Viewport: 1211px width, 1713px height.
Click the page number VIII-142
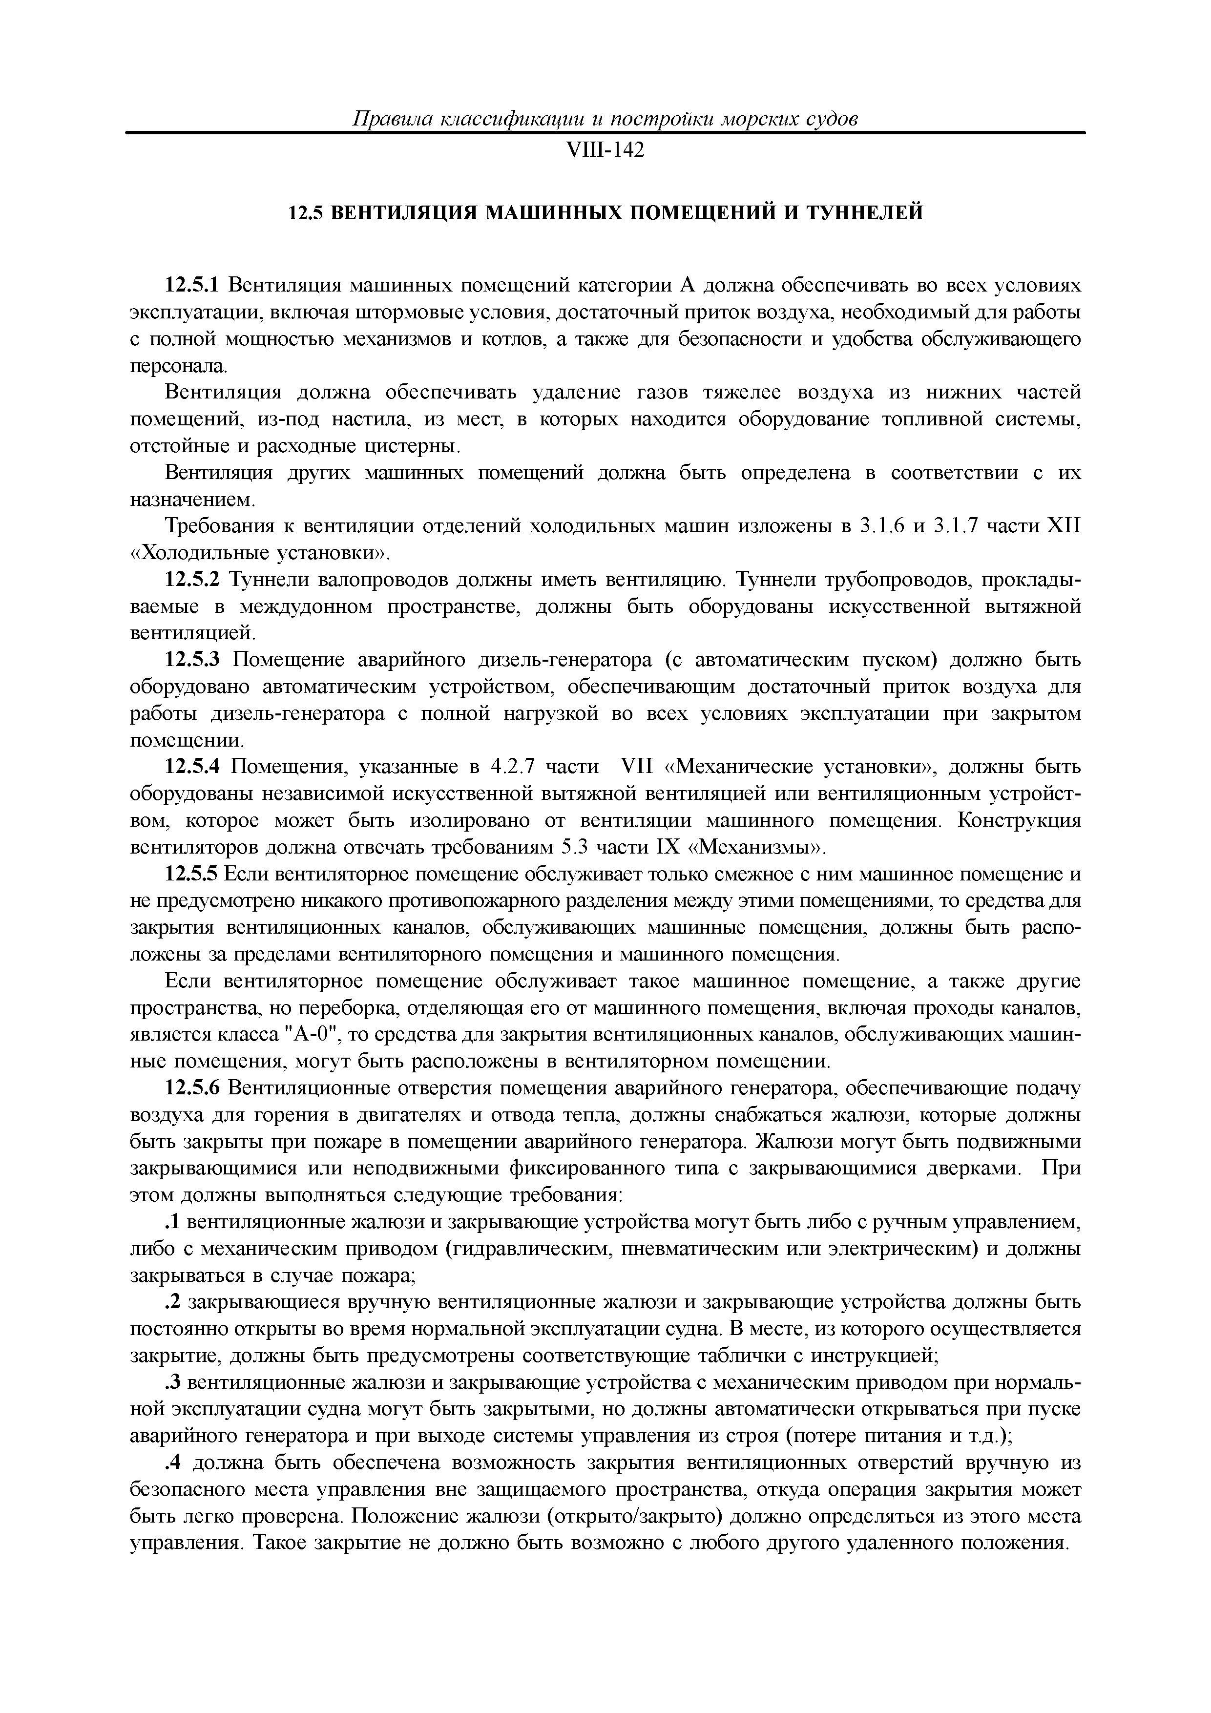pos(605,151)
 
